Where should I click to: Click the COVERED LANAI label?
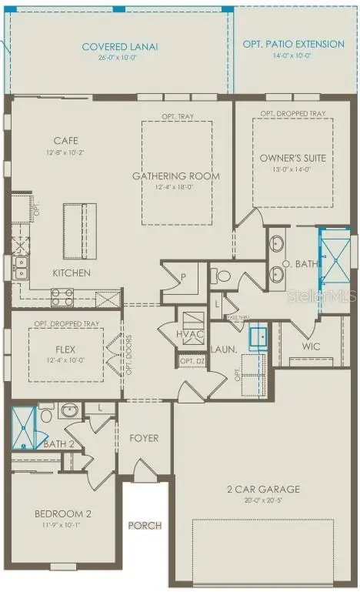coord(119,47)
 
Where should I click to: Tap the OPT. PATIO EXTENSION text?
coord(293,44)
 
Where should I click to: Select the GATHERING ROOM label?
coord(176,176)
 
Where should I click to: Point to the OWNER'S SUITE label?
coord(292,158)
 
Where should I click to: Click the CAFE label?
coord(66,141)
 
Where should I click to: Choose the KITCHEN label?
coord(72,273)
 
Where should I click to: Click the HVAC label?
coord(189,334)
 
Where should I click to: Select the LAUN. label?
coord(225,348)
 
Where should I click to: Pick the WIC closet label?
coord(311,346)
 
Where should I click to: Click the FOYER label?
coord(144,438)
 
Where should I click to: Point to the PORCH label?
coord(145,526)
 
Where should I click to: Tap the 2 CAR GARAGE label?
coord(264,489)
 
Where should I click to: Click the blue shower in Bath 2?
coord(25,428)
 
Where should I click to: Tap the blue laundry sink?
coord(258,336)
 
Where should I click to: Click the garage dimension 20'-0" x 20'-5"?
coord(264,500)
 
